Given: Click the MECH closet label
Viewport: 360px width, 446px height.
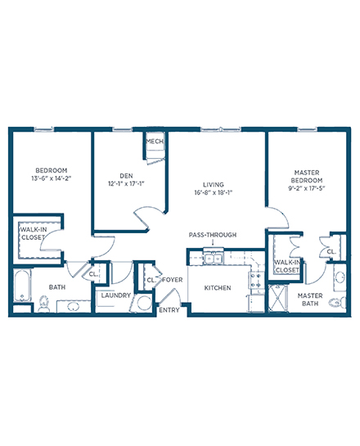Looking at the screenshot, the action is pyautogui.click(x=155, y=141).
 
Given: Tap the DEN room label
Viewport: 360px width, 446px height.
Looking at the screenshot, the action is pyautogui.click(x=126, y=176).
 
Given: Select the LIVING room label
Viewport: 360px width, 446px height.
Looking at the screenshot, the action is pyautogui.click(x=214, y=185).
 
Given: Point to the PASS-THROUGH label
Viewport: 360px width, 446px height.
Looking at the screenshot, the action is pyautogui.click(x=213, y=235).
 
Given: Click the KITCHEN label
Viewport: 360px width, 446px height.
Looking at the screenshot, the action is pyautogui.click(x=218, y=288).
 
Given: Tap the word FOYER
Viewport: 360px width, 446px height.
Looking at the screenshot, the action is pyautogui.click(x=173, y=280).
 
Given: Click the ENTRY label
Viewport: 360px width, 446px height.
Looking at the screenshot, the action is pyautogui.click(x=169, y=310).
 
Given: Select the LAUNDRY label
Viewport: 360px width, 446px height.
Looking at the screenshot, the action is pyautogui.click(x=116, y=295).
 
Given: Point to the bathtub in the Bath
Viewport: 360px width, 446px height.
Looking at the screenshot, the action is pyautogui.click(x=22, y=286).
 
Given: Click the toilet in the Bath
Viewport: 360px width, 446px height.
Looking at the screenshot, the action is pyautogui.click(x=43, y=304).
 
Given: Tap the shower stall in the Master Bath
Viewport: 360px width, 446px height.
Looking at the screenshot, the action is pyautogui.click(x=278, y=298).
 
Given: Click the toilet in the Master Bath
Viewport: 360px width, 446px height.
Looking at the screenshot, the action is pyautogui.click(x=337, y=302).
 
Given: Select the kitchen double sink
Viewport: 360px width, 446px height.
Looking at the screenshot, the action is pyautogui.click(x=214, y=259).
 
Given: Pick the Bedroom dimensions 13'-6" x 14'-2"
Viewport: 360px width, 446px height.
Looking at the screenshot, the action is pyautogui.click(x=52, y=178).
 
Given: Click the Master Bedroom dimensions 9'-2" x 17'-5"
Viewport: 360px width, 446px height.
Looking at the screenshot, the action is pyautogui.click(x=307, y=188).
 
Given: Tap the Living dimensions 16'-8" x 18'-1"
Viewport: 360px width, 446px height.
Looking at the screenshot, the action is pyautogui.click(x=214, y=192).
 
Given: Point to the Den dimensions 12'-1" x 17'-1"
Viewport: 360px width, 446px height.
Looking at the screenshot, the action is pyautogui.click(x=126, y=184).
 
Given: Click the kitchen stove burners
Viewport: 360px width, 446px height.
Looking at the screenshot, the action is pyautogui.click(x=256, y=280).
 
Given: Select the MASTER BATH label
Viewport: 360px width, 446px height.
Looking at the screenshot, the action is pyautogui.click(x=310, y=300).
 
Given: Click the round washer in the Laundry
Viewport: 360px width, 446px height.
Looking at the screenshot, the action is pyautogui.click(x=145, y=303).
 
